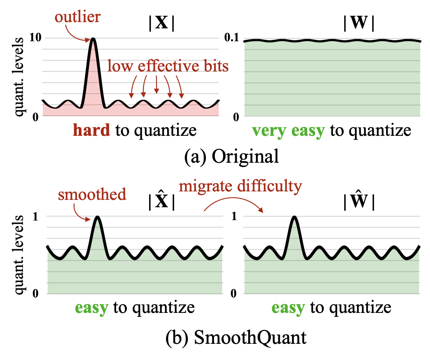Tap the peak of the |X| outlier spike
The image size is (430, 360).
click(94, 39)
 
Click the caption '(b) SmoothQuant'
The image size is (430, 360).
click(216, 337)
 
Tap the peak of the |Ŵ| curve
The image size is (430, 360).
click(294, 217)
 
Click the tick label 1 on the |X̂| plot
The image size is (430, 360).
click(35, 216)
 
